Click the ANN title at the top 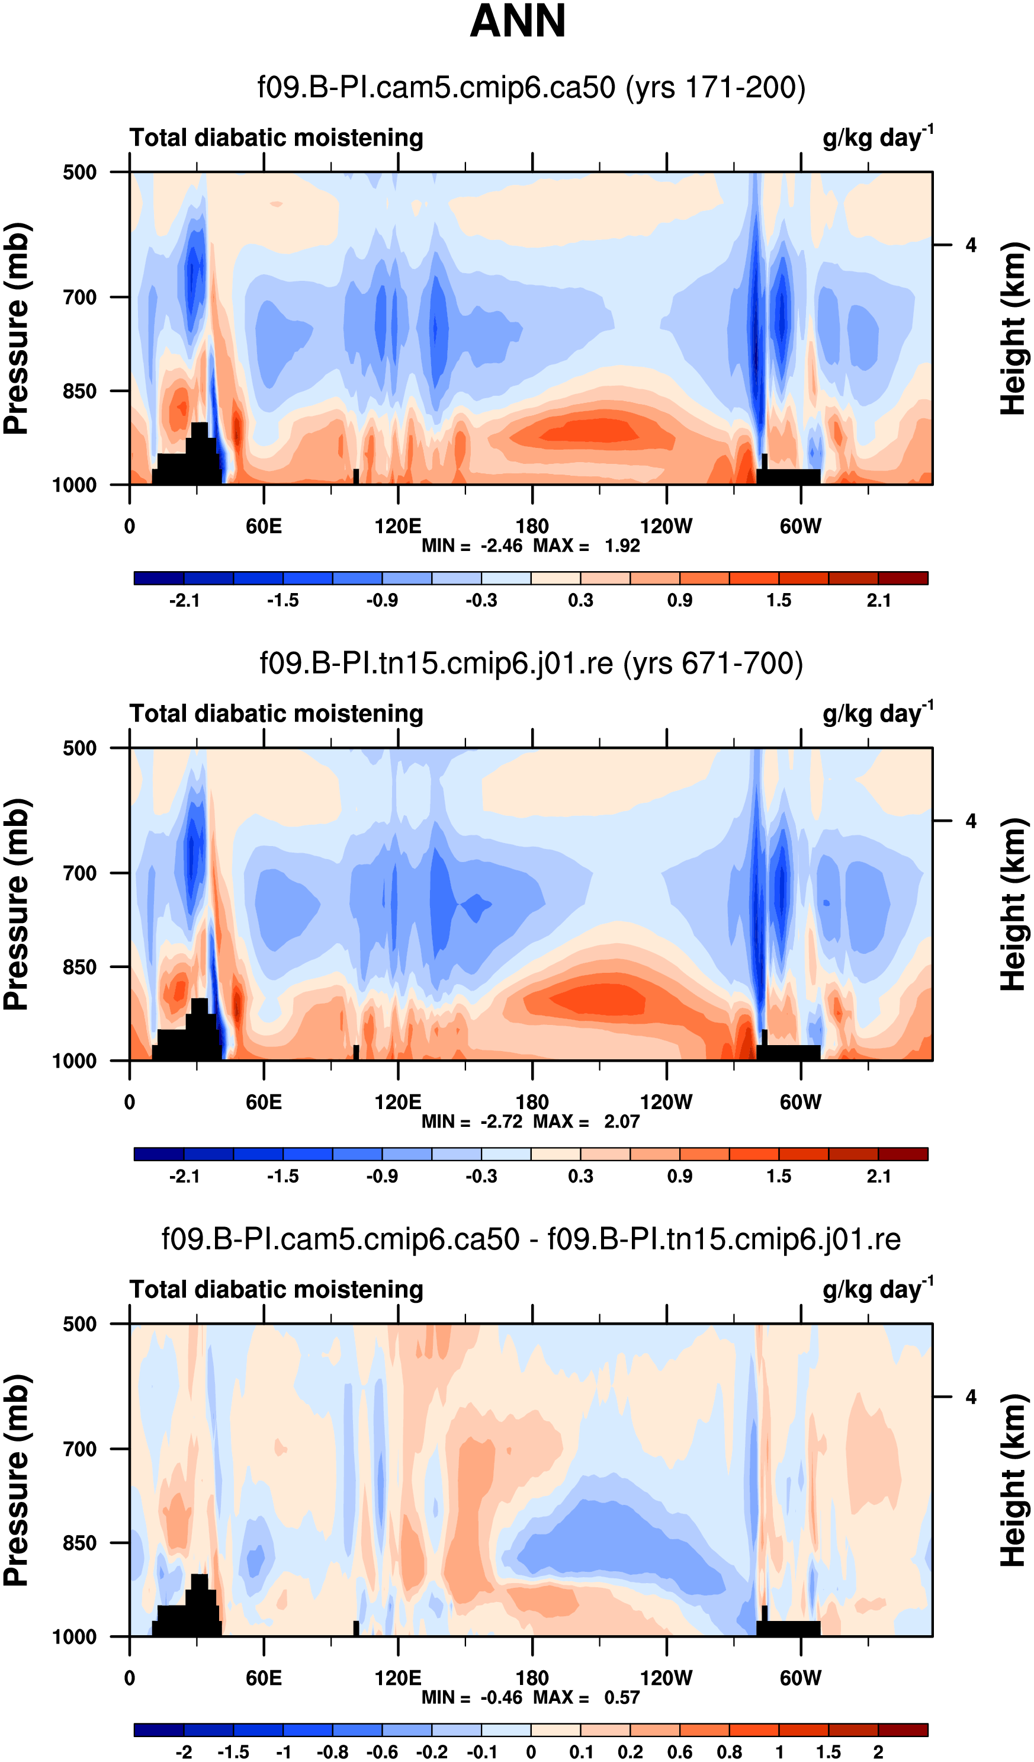(x=518, y=21)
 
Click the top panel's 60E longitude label (x=264, y=527)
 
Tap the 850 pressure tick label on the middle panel (x=80, y=967)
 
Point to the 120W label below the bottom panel (x=666, y=1678)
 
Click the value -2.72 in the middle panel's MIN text (x=500, y=1122)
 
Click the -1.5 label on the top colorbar (x=282, y=601)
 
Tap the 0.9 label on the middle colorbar (x=679, y=1176)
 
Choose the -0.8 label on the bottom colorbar (x=332, y=1752)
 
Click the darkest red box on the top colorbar (x=903, y=578)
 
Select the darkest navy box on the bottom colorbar (x=159, y=1730)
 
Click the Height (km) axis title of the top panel (x=1013, y=329)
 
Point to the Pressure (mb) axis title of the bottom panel (x=17, y=1480)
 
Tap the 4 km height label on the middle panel (x=971, y=821)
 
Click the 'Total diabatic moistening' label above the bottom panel (x=276, y=1289)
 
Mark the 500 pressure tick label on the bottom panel (x=80, y=1324)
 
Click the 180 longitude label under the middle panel (x=532, y=1103)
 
